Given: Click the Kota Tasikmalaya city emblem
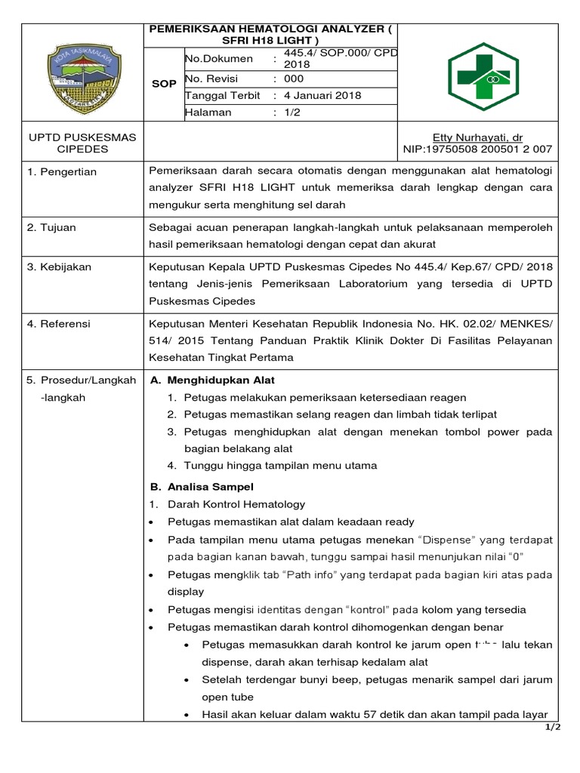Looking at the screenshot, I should [82, 72].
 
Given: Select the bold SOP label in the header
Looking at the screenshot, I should [164, 84].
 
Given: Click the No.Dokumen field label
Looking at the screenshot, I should [216, 58].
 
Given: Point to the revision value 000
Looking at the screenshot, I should [293, 79].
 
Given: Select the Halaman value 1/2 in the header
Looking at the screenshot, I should [292, 112].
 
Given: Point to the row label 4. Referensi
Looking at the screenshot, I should [59, 324].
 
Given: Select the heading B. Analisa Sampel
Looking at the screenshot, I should [202, 487].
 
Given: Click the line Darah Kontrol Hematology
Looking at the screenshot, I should [236, 504].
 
